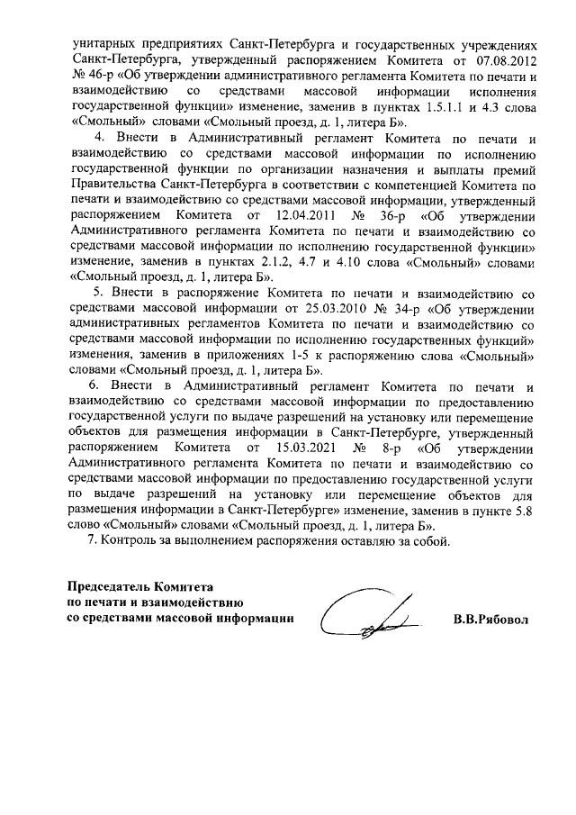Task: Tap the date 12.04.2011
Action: [295, 216]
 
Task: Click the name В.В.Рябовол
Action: [490, 620]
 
